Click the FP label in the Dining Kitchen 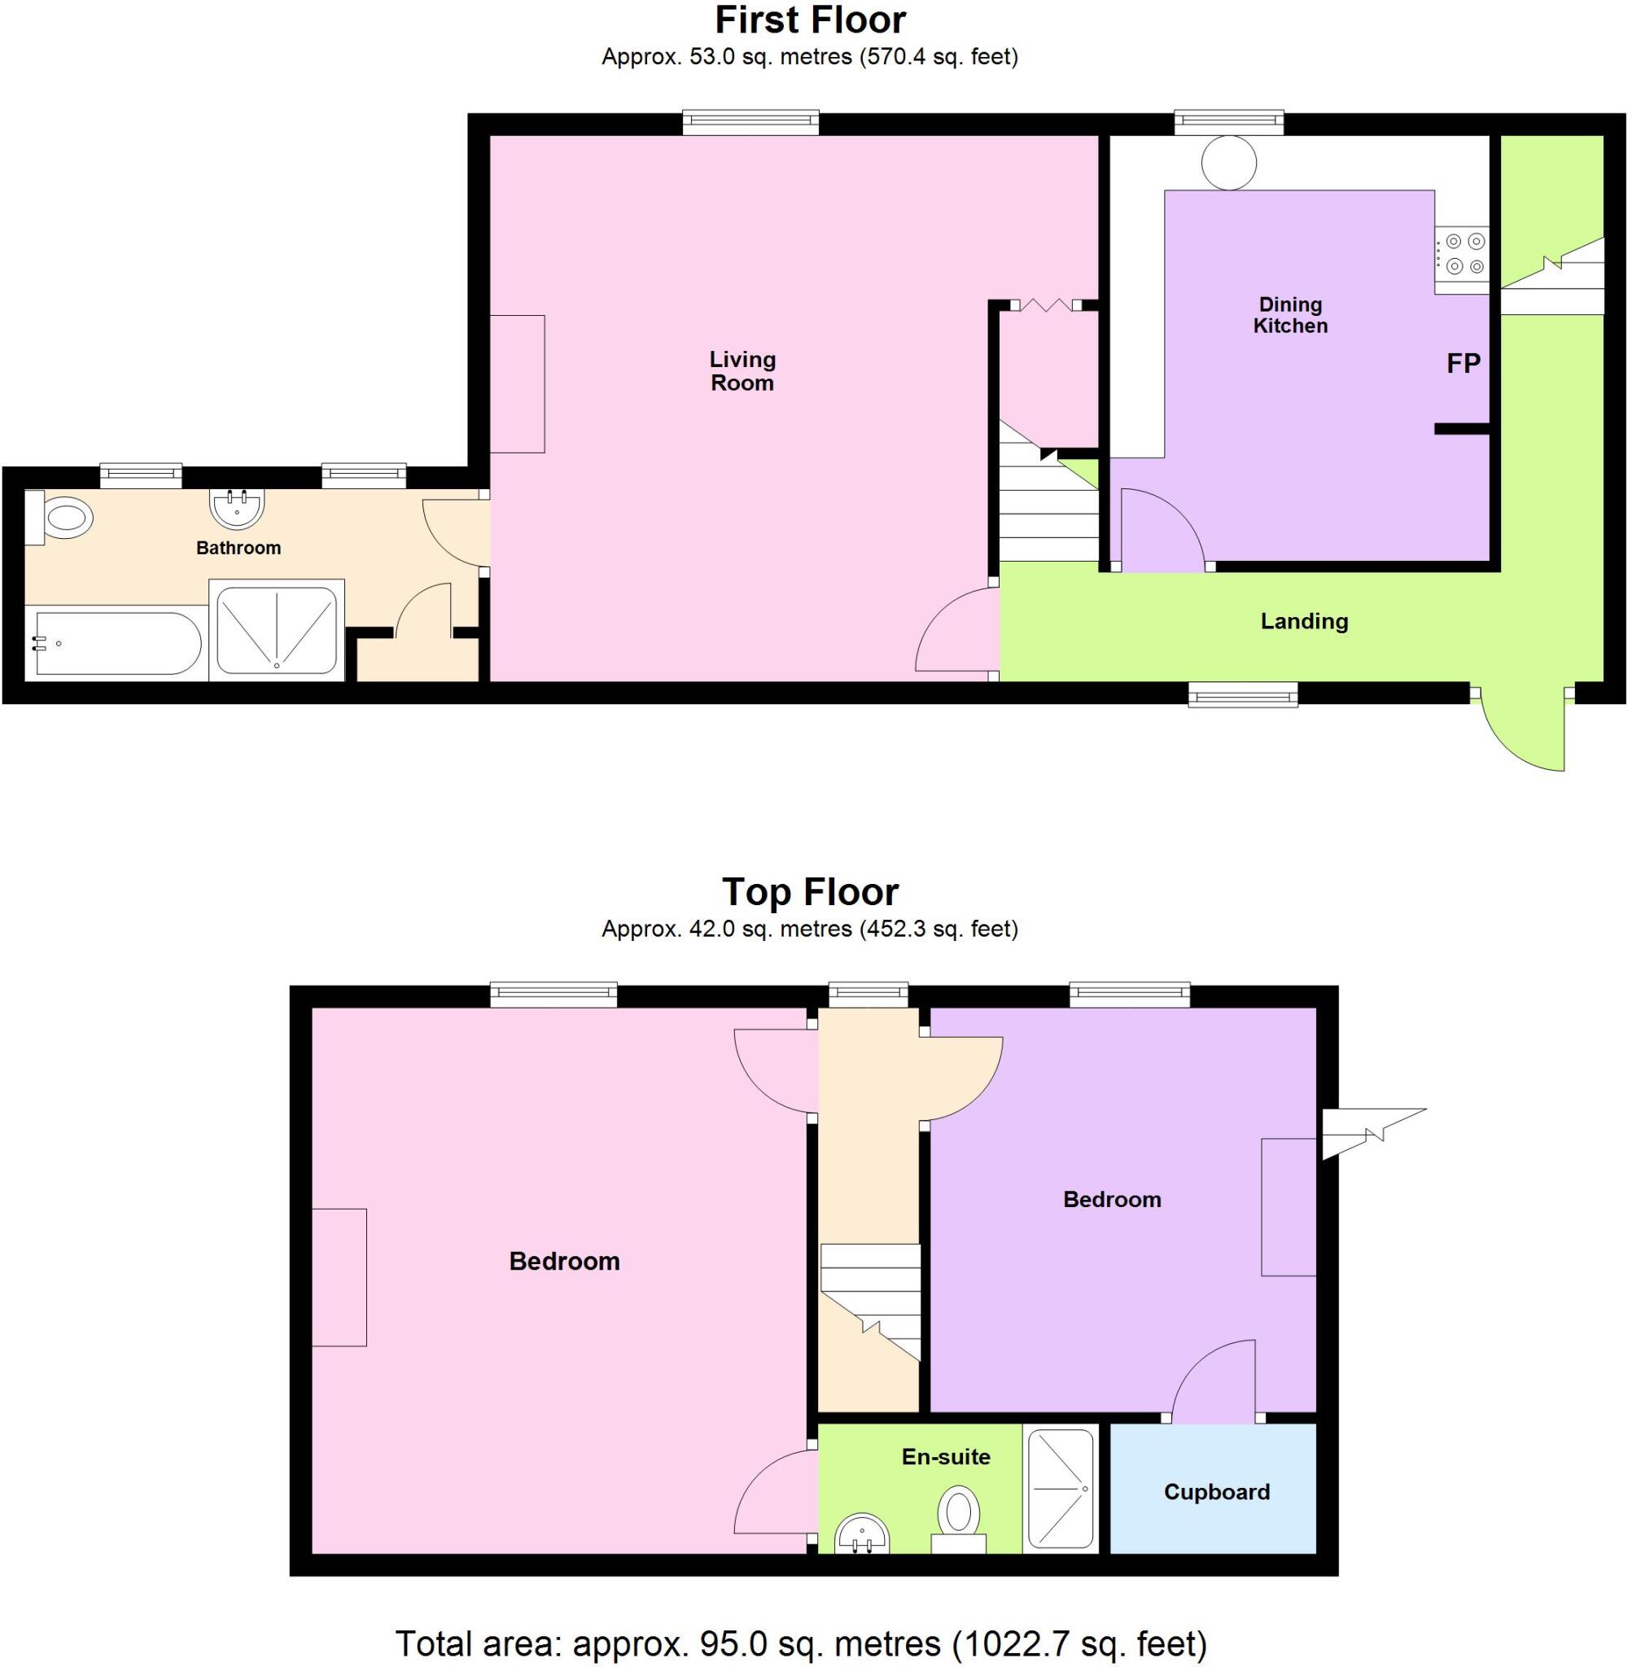click(x=1464, y=363)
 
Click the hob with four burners click(x=1464, y=254)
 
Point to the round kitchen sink click(x=1228, y=162)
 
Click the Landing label click(x=1304, y=621)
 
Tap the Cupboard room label click(x=1216, y=1492)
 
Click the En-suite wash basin click(x=862, y=1537)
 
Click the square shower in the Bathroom click(x=276, y=630)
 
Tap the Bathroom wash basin click(x=237, y=506)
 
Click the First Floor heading click(x=810, y=20)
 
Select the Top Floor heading click(x=810, y=891)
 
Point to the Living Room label click(x=742, y=371)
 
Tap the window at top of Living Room click(x=750, y=124)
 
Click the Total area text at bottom click(x=801, y=1643)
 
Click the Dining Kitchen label click(x=1290, y=314)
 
